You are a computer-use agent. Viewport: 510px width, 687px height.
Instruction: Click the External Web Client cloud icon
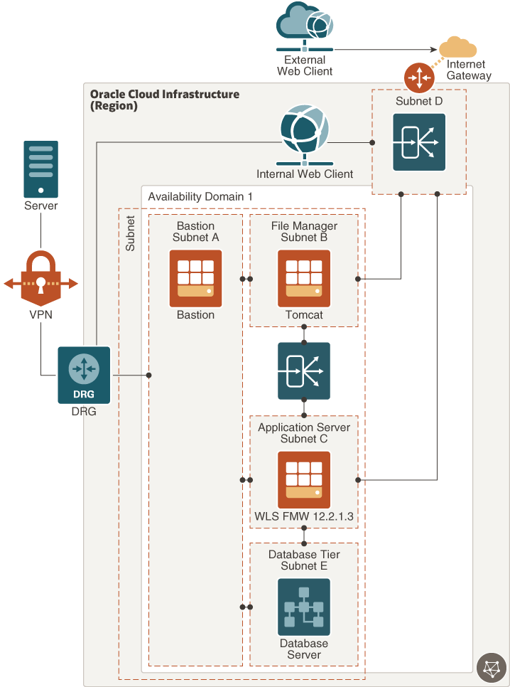click(x=304, y=26)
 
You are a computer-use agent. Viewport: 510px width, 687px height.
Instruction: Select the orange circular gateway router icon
click(x=418, y=78)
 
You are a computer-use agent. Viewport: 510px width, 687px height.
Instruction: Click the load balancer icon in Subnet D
click(x=419, y=142)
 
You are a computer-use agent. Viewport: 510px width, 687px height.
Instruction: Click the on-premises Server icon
click(x=40, y=169)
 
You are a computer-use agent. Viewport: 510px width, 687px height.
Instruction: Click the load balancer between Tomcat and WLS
click(x=304, y=371)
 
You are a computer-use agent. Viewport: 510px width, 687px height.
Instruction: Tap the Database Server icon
click(x=304, y=607)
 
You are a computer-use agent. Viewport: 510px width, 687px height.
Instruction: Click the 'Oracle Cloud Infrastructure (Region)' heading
click(x=165, y=100)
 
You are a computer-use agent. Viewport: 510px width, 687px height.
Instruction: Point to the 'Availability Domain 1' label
click(x=200, y=196)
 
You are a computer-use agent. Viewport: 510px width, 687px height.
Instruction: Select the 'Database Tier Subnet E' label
click(x=304, y=560)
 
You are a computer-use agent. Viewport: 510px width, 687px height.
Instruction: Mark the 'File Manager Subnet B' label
click(x=304, y=232)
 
